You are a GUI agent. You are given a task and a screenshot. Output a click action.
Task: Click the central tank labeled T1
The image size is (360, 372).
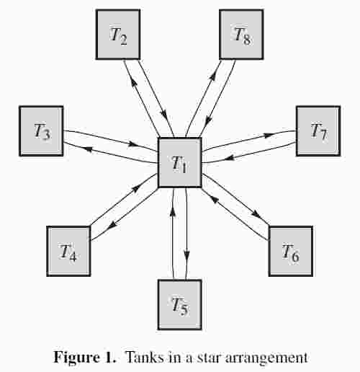179,163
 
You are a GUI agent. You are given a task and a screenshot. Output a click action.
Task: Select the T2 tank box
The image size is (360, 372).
118,35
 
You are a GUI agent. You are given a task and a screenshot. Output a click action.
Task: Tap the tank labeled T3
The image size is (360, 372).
41,131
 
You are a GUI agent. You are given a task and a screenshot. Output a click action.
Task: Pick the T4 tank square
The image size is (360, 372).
68,251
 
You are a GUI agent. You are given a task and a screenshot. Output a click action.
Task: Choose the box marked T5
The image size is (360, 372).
179,305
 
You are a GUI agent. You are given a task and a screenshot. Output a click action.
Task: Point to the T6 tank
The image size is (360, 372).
291,251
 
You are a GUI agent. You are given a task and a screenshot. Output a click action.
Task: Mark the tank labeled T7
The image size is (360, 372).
318,131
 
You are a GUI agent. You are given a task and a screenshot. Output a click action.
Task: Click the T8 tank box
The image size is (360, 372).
241,35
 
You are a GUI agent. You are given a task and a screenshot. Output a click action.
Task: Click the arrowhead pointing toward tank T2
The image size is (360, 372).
133,83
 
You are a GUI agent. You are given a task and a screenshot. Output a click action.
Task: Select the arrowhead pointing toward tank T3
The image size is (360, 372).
89,149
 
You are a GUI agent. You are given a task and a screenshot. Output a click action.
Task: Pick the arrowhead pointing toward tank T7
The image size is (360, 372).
269,136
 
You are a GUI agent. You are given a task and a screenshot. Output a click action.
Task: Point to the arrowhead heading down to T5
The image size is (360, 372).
186,255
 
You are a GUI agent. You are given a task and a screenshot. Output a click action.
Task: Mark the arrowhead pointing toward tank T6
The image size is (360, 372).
258,213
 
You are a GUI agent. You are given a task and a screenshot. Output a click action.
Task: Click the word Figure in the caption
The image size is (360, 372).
76,357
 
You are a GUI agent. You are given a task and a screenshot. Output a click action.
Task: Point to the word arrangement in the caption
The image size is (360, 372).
266,358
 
